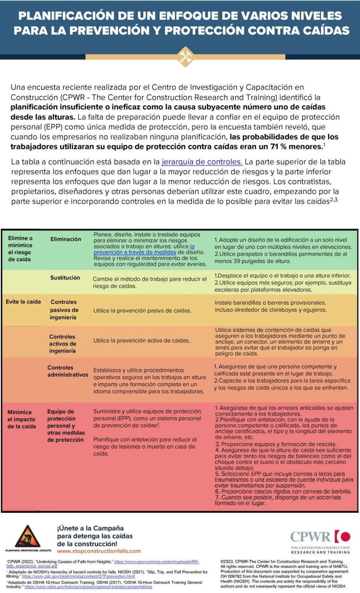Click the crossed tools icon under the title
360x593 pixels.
pos(185,57)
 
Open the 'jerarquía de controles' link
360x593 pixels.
pos(202,162)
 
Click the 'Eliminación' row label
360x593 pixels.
pos(66,239)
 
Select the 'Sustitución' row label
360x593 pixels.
pos(65,278)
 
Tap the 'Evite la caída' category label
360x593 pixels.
pos(23,302)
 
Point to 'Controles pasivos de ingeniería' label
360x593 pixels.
pos(64,310)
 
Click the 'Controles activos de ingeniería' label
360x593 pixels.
pos(63,344)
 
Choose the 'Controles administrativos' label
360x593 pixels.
pos(68,371)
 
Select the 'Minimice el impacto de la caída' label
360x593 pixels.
pos(22,419)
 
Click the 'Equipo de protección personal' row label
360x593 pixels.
pos(66,425)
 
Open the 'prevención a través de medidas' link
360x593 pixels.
pos(135,252)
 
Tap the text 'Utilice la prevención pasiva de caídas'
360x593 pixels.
pos(142,310)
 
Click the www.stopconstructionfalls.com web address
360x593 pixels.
pos(99,551)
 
